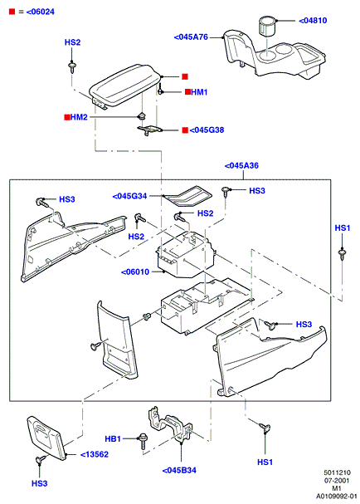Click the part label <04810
click(x=313, y=21)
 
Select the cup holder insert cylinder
click(x=266, y=27)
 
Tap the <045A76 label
click(x=191, y=37)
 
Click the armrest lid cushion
click(x=124, y=84)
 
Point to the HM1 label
click(x=199, y=92)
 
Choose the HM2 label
click(x=79, y=117)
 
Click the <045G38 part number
click(x=207, y=130)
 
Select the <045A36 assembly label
click(x=241, y=166)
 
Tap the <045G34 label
click(x=129, y=196)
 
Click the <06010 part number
click(x=135, y=272)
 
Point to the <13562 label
click(x=94, y=454)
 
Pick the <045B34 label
click(x=179, y=470)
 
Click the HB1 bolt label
click(x=113, y=438)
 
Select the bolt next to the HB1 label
click(x=142, y=442)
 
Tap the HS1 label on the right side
click(x=343, y=228)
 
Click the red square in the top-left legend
click(x=12, y=12)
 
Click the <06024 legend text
click(x=41, y=12)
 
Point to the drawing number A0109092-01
click(x=337, y=497)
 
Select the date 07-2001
click(x=337, y=481)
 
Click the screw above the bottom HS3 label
click(x=41, y=460)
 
